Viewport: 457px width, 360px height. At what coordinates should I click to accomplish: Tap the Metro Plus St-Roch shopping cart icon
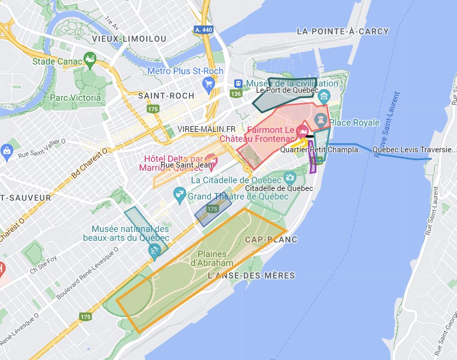coord(208,84)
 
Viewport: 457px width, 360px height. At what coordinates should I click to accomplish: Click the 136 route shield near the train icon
coord(235,94)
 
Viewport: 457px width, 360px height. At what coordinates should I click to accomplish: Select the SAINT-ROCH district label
coord(166,96)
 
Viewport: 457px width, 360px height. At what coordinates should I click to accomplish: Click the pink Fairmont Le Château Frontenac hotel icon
coord(302,130)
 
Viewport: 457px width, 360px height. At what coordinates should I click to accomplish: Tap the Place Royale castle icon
coord(320,119)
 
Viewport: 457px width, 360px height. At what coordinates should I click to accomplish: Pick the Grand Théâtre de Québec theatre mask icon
coord(178,192)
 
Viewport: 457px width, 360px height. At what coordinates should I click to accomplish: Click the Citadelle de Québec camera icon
coord(290,178)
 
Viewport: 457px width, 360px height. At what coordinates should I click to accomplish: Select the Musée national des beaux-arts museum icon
coord(155,249)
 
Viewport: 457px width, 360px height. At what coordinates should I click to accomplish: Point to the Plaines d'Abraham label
coord(212,258)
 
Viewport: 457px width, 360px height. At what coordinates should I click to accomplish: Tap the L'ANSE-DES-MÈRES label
coord(251,275)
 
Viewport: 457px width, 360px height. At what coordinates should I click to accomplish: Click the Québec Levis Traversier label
coord(414,150)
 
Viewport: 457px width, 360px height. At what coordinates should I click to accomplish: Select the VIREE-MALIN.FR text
coord(206,129)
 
